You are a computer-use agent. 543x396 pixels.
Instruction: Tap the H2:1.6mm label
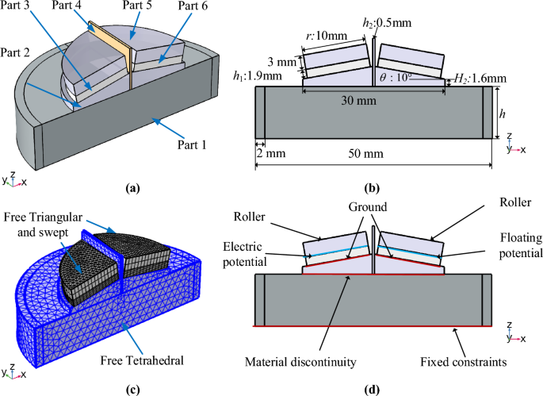474,80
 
